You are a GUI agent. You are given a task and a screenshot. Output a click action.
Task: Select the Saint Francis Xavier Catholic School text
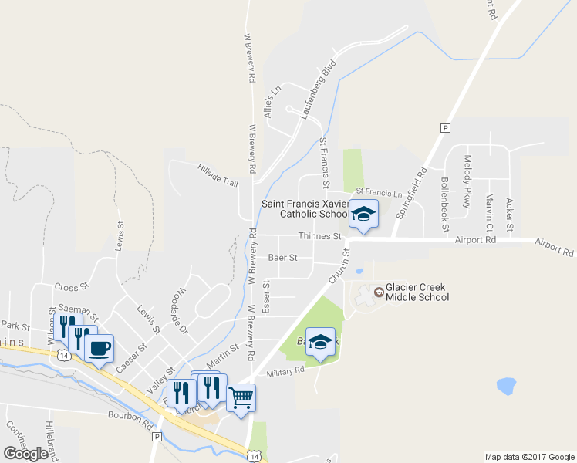tap(305, 208)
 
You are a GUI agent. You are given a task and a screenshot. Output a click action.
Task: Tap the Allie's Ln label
tap(269, 102)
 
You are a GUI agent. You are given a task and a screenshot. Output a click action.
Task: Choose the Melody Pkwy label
tap(467, 176)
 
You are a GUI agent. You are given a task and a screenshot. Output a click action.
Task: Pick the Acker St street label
tap(509, 215)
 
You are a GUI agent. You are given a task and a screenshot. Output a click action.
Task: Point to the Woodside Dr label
tap(177, 311)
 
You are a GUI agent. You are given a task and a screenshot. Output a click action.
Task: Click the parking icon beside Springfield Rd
tap(444, 127)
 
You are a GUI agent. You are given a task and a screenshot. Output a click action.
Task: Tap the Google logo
tap(26, 453)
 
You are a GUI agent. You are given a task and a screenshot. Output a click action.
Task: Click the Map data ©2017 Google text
tap(529, 457)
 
